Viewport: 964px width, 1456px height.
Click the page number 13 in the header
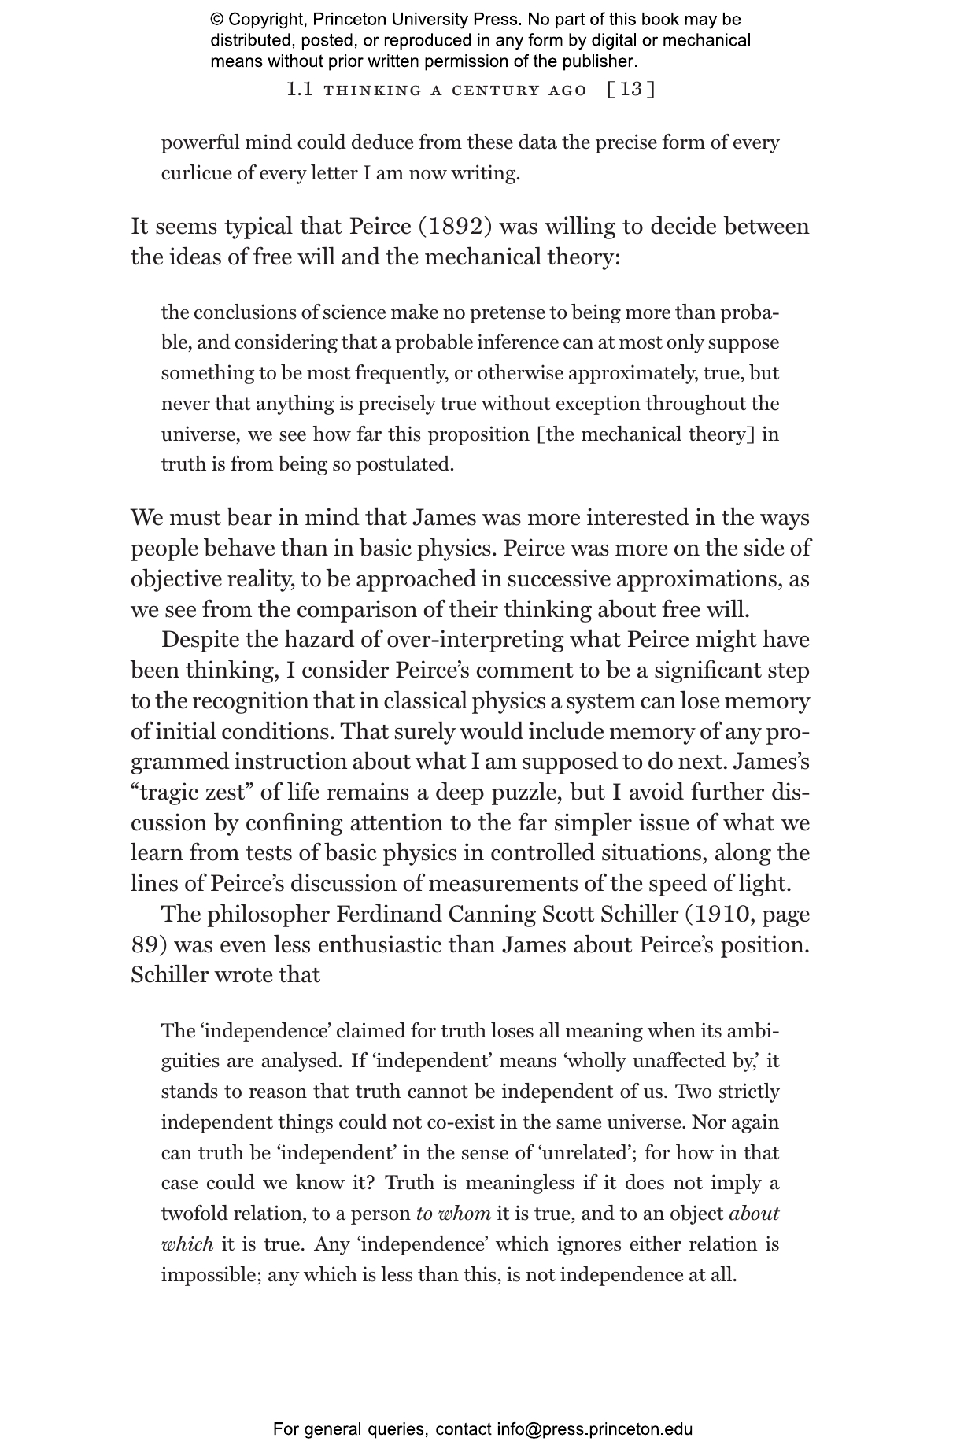(631, 90)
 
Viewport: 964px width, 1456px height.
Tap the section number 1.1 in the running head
(300, 90)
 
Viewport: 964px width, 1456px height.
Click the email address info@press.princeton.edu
(594, 1429)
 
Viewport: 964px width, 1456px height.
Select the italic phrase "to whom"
(453, 1214)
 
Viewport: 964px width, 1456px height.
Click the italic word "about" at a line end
(754, 1214)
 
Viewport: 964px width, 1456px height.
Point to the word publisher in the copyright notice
(600, 61)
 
